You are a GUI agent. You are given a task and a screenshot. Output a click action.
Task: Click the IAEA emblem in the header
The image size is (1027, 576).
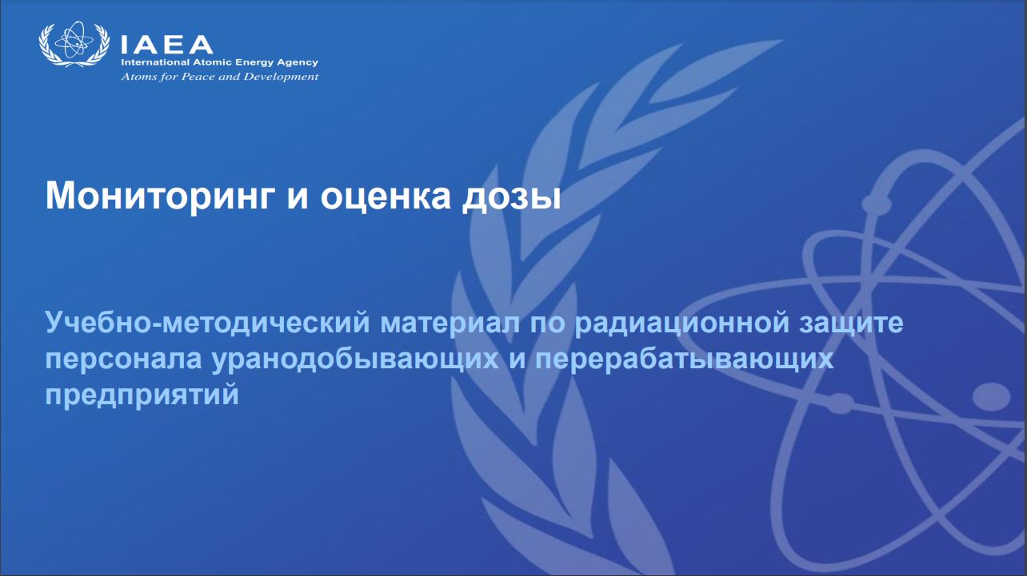74,44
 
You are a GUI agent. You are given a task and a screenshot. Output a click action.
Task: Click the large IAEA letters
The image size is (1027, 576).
167,46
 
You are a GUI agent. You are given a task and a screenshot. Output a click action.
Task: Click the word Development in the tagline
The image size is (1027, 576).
281,77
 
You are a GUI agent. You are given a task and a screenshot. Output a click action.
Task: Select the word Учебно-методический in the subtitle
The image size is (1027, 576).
207,323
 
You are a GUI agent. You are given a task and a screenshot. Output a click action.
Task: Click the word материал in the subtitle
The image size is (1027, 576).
450,324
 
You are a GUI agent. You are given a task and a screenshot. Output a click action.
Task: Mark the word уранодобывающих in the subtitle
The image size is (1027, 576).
355,359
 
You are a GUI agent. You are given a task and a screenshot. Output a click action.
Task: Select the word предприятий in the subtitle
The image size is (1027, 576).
142,395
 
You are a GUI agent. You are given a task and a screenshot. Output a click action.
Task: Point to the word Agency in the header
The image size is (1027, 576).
297,63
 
